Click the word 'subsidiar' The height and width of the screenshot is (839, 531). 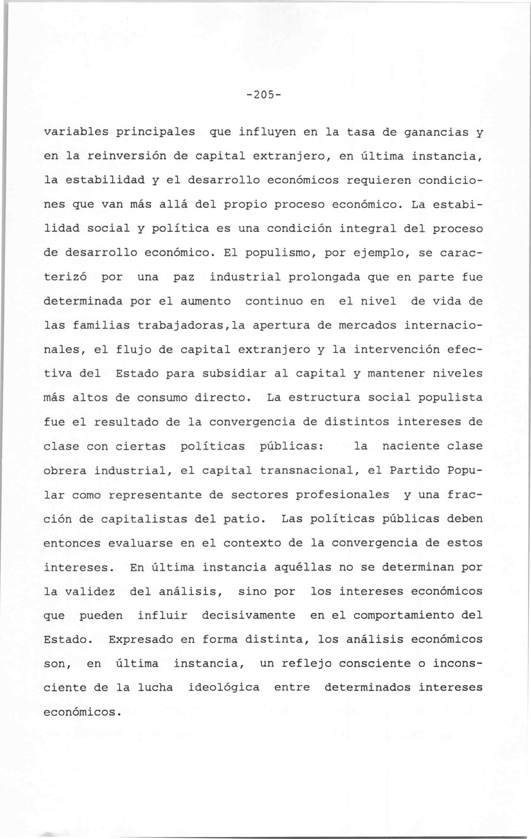click(x=238, y=374)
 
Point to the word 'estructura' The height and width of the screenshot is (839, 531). click(x=325, y=398)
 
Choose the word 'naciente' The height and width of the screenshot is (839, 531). click(x=411, y=446)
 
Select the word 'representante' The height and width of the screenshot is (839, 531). click(x=155, y=495)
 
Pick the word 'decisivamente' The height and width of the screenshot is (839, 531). click(x=249, y=616)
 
